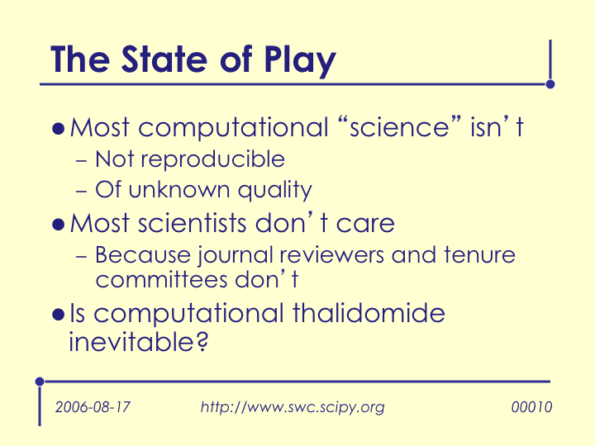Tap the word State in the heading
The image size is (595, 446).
click(164, 59)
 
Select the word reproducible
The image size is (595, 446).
click(213, 160)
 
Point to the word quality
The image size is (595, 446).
click(275, 191)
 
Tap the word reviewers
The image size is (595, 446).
click(331, 255)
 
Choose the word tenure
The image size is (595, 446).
click(479, 254)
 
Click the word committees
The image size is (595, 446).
click(162, 279)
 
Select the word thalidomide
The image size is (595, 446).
click(369, 313)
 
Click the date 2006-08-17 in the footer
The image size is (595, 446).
click(93, 407)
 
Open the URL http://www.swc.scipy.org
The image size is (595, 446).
click(293, 407)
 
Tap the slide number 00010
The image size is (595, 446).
click(531, 407)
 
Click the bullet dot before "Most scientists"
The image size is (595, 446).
click(59, 225)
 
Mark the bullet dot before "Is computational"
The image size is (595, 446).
click(59, 315)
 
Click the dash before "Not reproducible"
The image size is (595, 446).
click(82, 161)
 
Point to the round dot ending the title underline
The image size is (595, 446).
click(550, 84)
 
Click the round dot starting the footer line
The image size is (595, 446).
click(40, 382)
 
